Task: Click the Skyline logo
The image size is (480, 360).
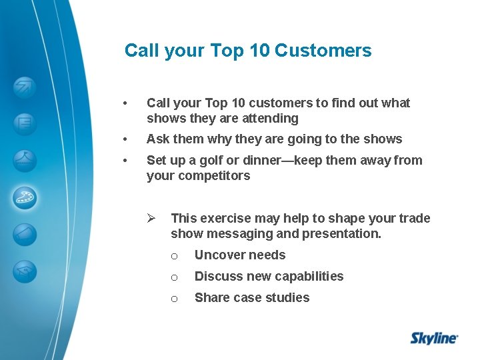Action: [x=433, y=338]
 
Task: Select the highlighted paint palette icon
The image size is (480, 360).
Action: [x=25, y=197]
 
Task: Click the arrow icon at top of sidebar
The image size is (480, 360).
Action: [x=25, y=87]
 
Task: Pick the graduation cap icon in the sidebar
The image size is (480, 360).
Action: [x=25, y=271]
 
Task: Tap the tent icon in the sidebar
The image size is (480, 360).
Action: [x=25, y=160]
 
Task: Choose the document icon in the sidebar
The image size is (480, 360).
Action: [x=25, y=123]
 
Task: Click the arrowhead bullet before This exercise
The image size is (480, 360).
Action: [x=151, y=218]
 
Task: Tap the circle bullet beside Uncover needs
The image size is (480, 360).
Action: [x=174, y=256]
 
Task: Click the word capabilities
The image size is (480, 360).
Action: [x=307, y=277]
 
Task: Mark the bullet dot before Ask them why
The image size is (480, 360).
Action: [x=125, y=139]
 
